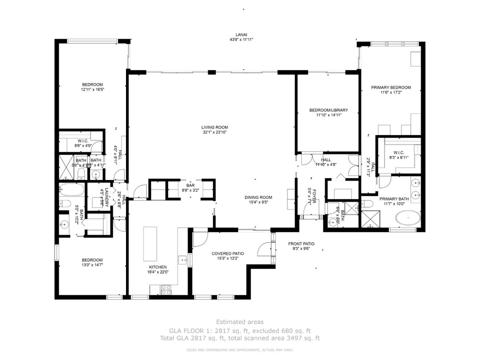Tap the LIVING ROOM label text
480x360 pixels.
[215, 127]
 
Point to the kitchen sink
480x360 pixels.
[183, 260]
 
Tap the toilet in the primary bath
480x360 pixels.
[366, 204]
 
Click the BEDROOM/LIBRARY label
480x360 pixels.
[328, 110]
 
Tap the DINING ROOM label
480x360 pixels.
[258, 197]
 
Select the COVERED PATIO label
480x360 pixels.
[227, 253]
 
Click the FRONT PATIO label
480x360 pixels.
[301, 243]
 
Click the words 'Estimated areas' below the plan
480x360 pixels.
[239, 322]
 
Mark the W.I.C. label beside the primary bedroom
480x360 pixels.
[398, 152]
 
